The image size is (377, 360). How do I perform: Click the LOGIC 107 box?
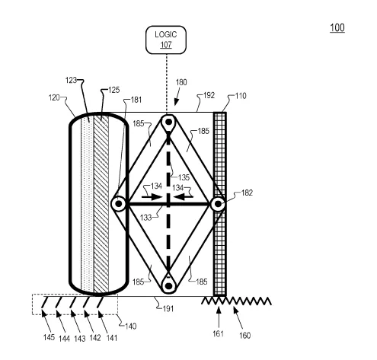[x=166, y=40]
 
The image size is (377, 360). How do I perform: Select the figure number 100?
[x=337, y=27]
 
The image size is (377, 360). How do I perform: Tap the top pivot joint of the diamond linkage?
[x=168, y=122]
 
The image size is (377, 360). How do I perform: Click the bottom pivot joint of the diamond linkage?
[x=168, y=286]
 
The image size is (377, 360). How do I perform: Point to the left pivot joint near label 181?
[x=119, y=203]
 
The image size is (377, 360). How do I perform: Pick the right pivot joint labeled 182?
[x=218, y=204]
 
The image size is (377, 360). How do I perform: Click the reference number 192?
[x=209, y=95]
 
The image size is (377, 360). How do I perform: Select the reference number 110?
[x=241, y=96]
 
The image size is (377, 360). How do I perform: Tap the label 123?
[x=71, y=80]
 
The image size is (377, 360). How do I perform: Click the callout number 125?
[x=114, y=90]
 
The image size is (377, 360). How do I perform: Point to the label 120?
[x=54, y=97]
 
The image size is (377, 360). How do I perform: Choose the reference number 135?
[x=184, y=177]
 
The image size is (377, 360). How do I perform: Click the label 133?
[x=146, y=218]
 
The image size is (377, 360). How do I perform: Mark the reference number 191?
[x=168, y=309]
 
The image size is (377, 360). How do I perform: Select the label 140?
[x=131, y=326]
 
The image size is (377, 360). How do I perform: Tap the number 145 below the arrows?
[x=49, y=337]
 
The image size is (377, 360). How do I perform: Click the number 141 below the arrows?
[x=112, y=338]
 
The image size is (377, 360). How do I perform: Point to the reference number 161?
[x=218, y=333]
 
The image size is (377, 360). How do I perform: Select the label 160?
[x=245, y=336]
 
